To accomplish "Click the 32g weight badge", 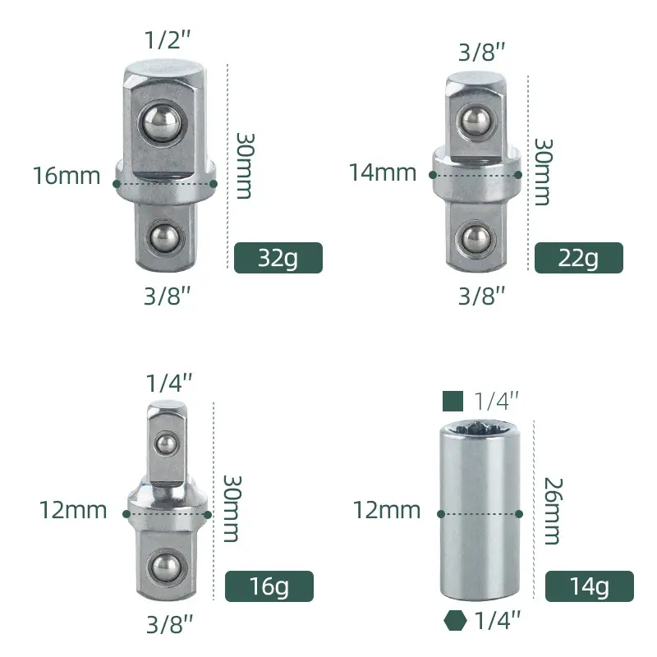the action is (278, 258).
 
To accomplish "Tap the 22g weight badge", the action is (579, 258).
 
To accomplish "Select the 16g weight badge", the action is (269, 586).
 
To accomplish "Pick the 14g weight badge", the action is (589, 586).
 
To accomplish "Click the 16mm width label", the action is (67, 176).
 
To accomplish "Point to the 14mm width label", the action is (383, 172).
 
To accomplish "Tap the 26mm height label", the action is (553, 511).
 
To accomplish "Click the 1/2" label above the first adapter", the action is (168, 39).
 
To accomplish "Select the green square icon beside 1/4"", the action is (453, 401).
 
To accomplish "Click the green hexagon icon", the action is (455, 620).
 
